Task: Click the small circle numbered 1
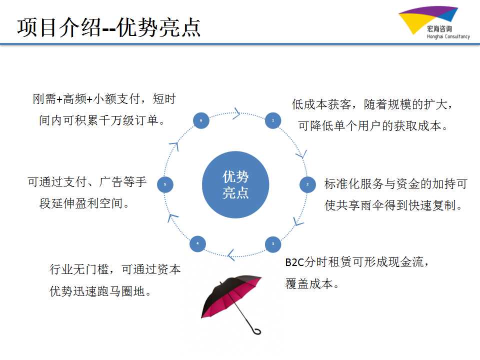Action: tap(273, 120)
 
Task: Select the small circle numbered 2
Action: tap(307, 184)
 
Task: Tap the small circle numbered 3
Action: tap(273, 244)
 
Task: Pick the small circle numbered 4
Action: tap(197, 243)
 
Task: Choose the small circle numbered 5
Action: tap(165, 184)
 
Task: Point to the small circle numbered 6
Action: tap(201, 120)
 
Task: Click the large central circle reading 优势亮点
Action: tap(235, 184)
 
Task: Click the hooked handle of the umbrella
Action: tap(256, 330)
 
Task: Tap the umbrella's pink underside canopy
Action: tap(232, 297)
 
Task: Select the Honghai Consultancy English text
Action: tap(448, 36)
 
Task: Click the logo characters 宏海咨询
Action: tap(439, 28)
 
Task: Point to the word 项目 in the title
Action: tap(37, 27)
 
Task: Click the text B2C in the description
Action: tap(294, 262)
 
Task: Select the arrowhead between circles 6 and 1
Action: tap(237, 113)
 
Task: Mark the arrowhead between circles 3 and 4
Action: tap(231, 254)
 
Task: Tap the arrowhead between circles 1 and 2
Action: tap(302, 155)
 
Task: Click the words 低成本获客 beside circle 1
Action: tap(321, 104)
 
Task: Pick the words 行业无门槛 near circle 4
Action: tap(79, 269)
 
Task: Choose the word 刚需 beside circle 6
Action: tap(44, 99)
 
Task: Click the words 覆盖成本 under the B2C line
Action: tap(309, 284)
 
